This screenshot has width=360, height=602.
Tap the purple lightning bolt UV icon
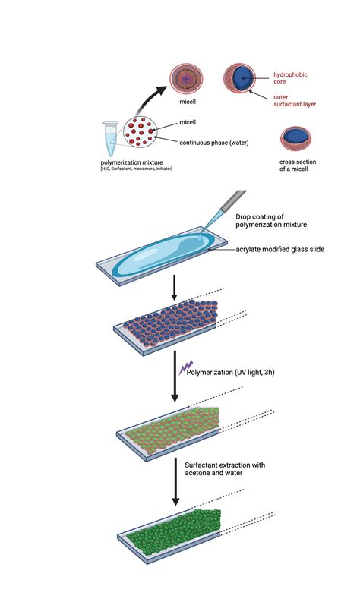pos(183,368)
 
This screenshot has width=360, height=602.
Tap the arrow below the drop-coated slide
pos(175,288)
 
